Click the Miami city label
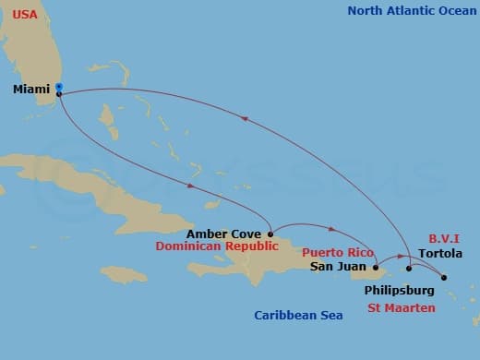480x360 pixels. click(x=31, y=90)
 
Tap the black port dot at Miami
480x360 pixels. click(x=59, y=94)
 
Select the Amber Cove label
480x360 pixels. click(x=223, y=234)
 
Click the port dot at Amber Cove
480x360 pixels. click(x=270, y=234)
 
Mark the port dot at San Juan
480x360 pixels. click(x=375, y=268)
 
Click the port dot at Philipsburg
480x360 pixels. click(x=409, y=269)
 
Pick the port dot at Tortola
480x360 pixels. click(x=444, y=277)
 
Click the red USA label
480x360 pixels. click(x=25, y=16)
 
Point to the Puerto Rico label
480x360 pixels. click(x=338, y=253)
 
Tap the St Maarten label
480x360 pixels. click(x=401, y=308)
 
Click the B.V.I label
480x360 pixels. click(x=445, y=238)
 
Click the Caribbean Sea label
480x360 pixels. click(x=298, y=316)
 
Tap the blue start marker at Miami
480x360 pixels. click(x=59, y=87)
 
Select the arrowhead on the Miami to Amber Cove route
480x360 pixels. click(x=189, y=187)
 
